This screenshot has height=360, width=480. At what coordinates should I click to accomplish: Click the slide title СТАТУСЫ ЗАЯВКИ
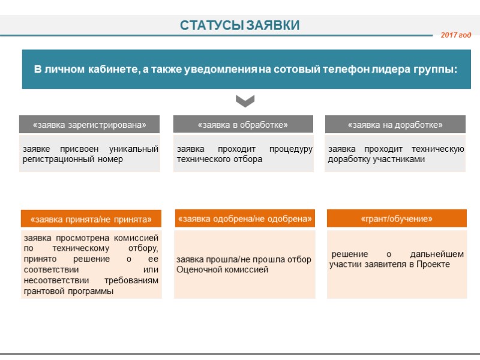240,25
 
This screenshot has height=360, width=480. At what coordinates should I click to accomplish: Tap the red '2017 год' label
456,35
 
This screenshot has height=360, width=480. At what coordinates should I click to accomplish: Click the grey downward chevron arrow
245,100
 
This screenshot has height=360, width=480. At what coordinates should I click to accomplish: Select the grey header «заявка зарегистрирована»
90,125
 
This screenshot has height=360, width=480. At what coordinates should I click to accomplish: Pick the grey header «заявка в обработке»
243,125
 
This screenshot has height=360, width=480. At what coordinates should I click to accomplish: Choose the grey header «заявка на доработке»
395,125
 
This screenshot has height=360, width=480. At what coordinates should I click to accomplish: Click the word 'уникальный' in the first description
134,149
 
